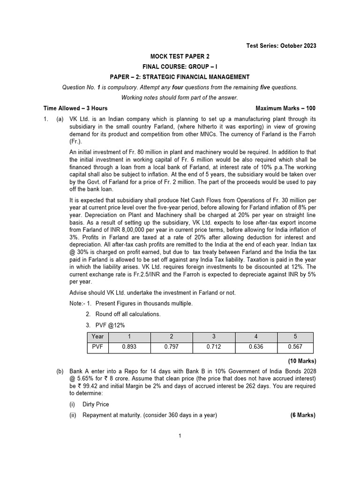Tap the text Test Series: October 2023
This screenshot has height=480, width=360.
[281, 45]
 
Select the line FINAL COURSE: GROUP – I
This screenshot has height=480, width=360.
[180, 67]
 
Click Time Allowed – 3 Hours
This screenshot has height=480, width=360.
[75, 108]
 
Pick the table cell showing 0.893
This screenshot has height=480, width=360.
[128, 348]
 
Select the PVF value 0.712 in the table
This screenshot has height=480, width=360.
[213, 348]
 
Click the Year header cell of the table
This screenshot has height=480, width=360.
[98, 337]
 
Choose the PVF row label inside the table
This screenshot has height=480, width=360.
[97, 348]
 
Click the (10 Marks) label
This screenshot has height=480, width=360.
[302, 361]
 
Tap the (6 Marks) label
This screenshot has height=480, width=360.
[303, 415]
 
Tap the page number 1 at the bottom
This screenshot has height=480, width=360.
[180, 435]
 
